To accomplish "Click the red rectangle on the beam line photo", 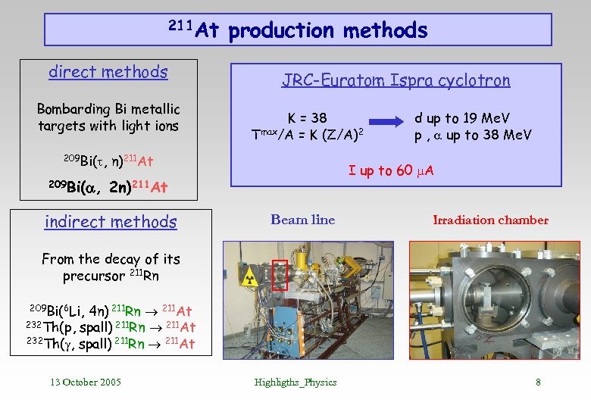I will click(280, 275).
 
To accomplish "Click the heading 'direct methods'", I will click(108, 72).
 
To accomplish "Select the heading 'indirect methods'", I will click(111, 222).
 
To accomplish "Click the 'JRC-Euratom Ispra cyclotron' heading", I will click(396, 80).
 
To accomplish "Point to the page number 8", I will click(538, 382).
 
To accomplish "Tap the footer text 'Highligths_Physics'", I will click(295, 382).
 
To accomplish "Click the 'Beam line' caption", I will click(302, 220).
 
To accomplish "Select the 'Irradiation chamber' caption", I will click(490, 220).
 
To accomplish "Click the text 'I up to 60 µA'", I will click(391, 170).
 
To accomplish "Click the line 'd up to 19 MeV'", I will click(461, 118).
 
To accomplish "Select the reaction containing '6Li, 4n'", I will click(111, 311).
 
